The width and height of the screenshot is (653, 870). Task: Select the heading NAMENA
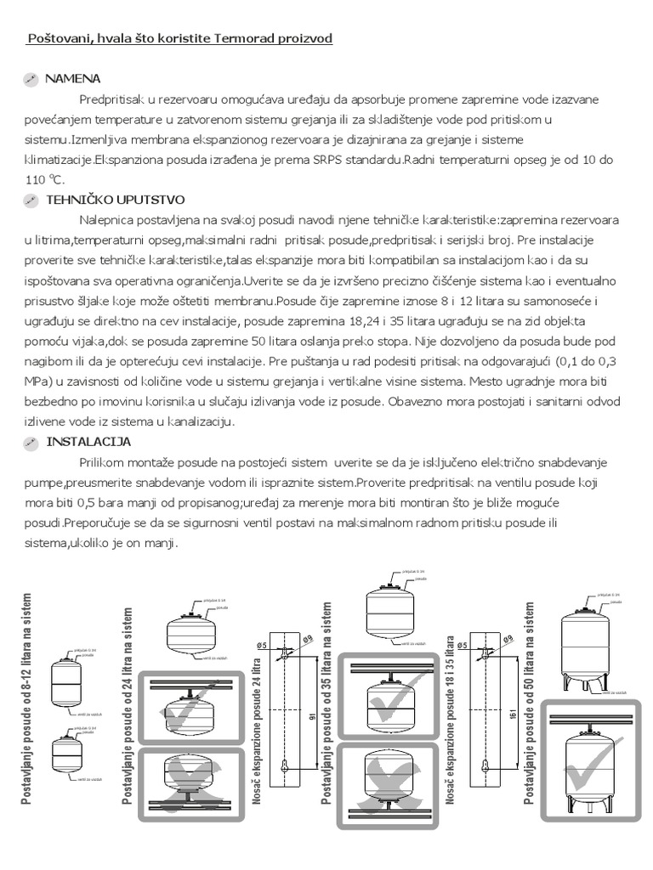[74, 78]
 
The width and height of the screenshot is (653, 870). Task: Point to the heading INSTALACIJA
[88, 443]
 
